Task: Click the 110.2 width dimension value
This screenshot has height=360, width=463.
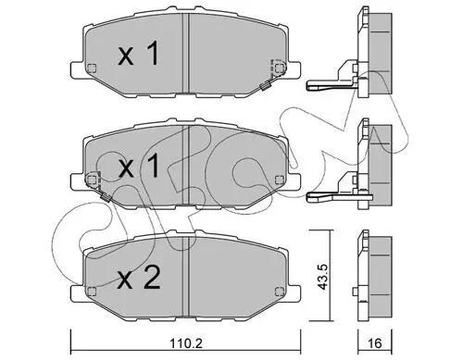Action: [186, 343]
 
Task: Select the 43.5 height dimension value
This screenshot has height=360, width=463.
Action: [323, 277]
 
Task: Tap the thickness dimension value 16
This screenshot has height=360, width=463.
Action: [375, 343]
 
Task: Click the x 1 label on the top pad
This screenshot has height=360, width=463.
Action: [139, 54]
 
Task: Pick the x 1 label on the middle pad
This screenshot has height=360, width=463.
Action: [139, 166]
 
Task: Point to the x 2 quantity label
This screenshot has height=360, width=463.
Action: [139, 278]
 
